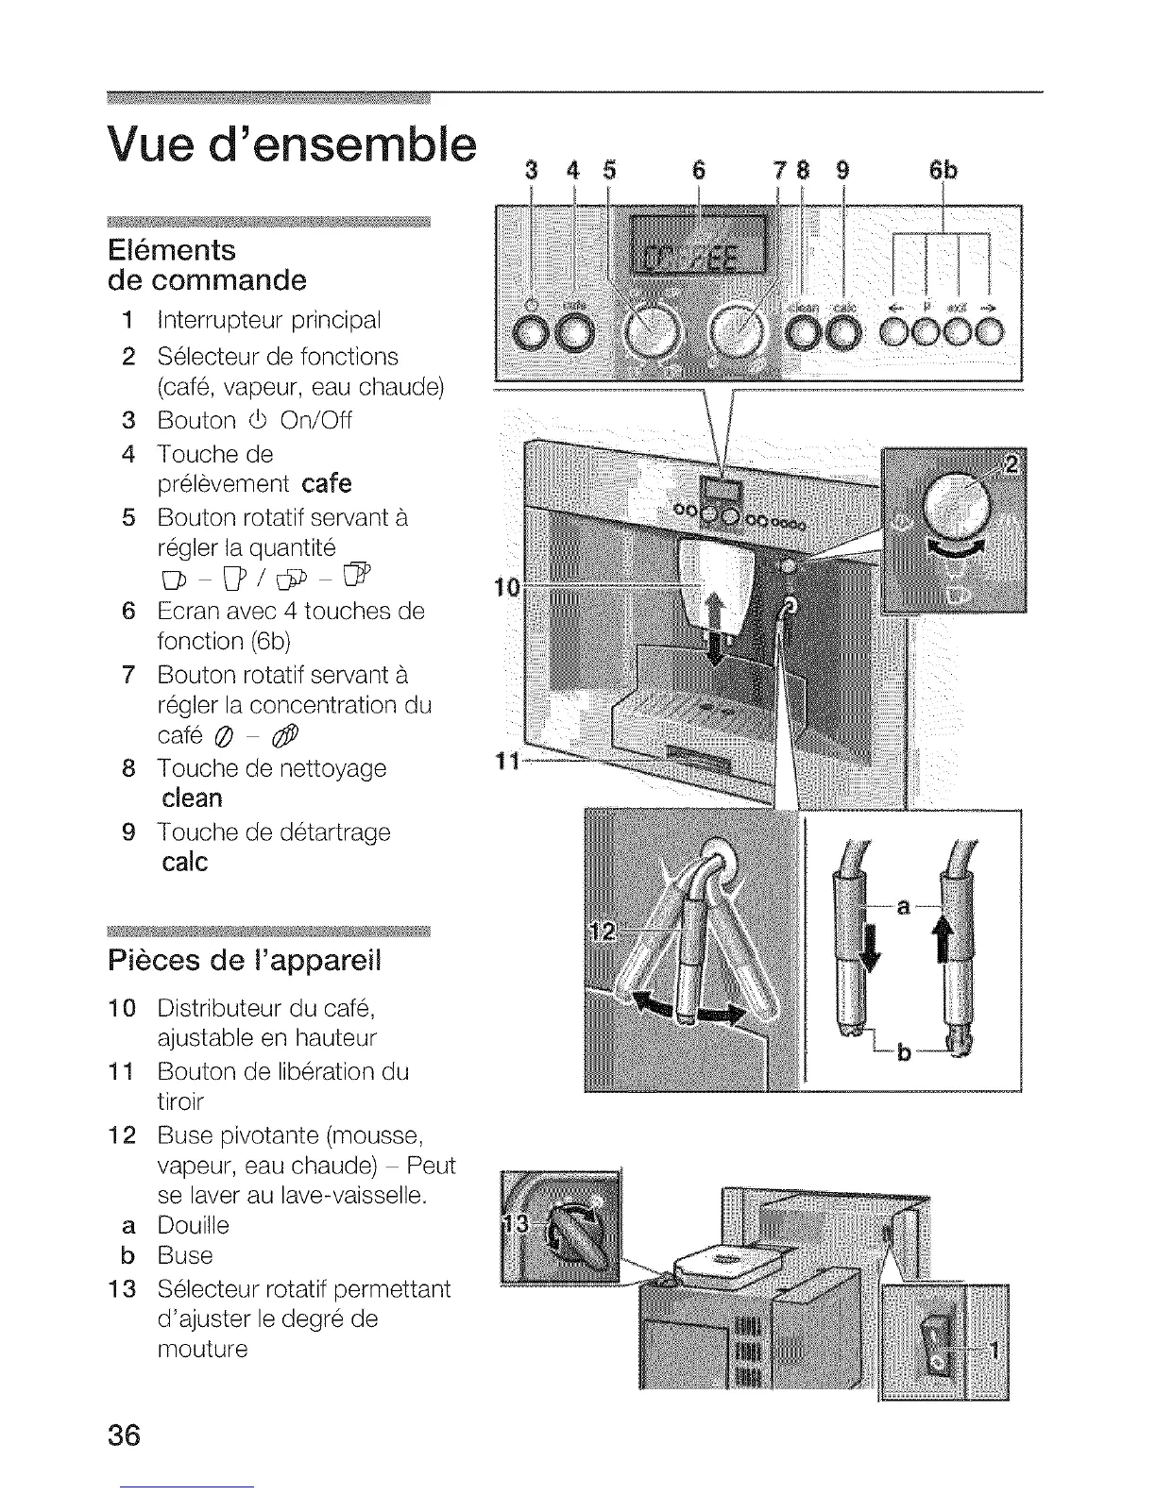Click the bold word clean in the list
(192, 798)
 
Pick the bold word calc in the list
(184, 862)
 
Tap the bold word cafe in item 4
(327, 484)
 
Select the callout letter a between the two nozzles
(903, 907)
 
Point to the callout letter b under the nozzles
(904, 1052)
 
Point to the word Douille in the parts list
(193, 1225)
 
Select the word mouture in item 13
(202, 1349)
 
